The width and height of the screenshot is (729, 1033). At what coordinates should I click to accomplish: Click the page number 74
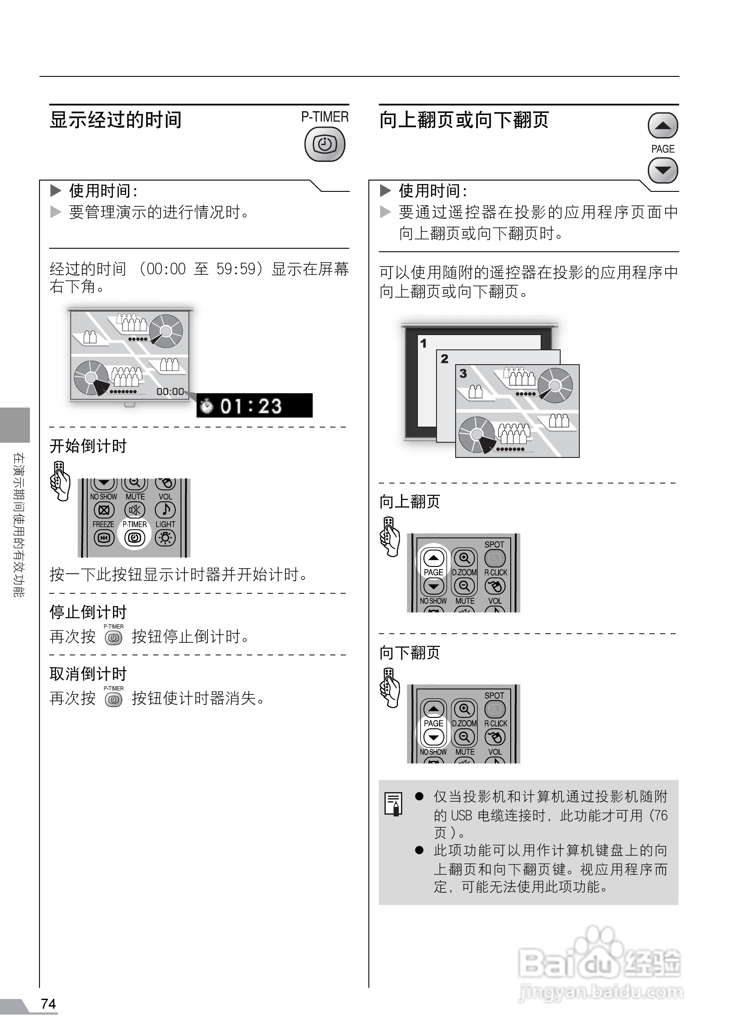49,1004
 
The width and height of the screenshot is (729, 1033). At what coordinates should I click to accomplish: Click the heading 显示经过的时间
115,120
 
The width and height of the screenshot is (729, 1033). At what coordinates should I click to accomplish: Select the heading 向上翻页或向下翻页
464,120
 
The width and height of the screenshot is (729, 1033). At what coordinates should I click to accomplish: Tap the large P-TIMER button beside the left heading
325,145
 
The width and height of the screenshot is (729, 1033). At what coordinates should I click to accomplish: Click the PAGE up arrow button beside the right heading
663,125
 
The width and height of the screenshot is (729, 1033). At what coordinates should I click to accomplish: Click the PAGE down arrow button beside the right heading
663,171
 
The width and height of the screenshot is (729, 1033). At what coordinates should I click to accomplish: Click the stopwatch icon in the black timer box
207,406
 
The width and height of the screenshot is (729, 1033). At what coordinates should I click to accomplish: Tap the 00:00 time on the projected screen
170,392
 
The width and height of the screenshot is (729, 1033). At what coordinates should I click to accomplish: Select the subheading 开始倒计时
88,446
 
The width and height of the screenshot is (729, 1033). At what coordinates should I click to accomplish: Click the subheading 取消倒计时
88,674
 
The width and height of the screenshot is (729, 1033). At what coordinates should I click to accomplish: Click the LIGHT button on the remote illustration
165,537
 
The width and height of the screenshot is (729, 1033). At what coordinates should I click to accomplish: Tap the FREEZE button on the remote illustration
104,537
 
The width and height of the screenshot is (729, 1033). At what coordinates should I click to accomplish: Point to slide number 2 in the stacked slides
444,359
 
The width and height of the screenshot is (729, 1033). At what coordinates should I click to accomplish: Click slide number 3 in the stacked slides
463,373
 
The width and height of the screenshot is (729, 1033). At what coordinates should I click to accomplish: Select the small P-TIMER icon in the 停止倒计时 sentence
113,638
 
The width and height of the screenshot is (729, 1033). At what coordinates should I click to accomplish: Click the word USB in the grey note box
461,815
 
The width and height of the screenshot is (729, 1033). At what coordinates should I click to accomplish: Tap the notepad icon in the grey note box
394,803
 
